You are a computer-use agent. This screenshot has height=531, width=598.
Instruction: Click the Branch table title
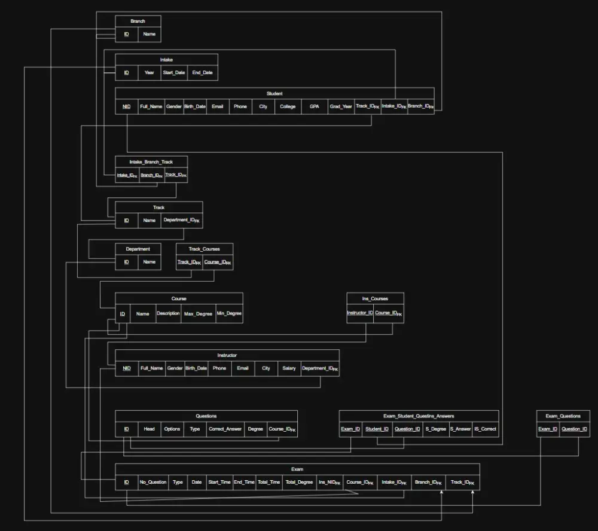coord(138,21)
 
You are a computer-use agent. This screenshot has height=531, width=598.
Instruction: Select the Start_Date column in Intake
coord(174,73)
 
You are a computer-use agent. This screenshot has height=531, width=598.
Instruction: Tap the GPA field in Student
coord(315,106)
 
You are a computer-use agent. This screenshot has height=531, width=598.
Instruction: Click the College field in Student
coord(288,106)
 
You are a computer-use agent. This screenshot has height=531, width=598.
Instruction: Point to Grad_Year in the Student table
coord(341,106)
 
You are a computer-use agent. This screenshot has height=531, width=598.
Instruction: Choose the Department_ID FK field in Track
coord(182,220)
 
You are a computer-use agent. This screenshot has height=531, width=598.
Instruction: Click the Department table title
coord(138,249)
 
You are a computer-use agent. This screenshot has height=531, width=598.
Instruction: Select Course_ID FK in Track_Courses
coord(218,262)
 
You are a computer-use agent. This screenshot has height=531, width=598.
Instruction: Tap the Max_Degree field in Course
coord(198,313)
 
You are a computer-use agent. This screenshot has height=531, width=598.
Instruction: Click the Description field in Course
coord(168,313)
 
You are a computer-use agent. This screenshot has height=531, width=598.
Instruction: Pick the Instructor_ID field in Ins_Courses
coord(360,313)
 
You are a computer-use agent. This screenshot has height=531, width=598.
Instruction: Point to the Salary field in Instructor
coord(289,368)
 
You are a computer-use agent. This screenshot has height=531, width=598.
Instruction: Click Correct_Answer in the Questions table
coord(225,429)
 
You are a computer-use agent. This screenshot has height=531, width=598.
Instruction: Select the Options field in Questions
coord(172,429)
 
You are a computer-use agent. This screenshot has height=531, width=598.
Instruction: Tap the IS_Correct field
coord(485,429)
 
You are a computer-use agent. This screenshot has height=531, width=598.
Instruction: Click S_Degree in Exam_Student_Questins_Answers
coord(435,429)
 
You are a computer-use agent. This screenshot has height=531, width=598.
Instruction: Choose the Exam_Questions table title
coord(563,416)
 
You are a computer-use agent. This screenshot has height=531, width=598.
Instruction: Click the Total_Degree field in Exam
coord(299,482)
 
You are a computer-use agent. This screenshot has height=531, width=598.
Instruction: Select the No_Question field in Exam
coord(153,482)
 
